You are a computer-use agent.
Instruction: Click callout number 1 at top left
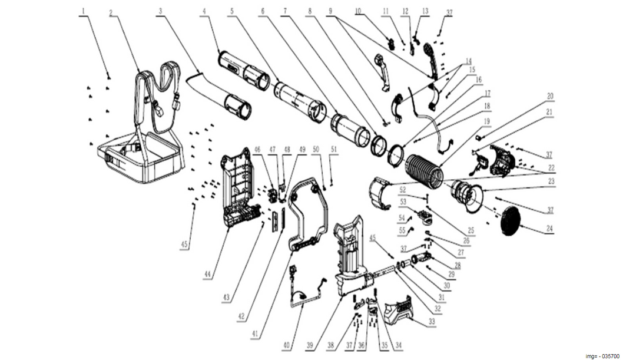click(x=84, y=11)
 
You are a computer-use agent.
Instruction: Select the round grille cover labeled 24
click(x=510, y=220)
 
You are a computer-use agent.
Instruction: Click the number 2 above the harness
click(x=111, y=11)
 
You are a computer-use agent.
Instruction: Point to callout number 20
click(x=550, y=96)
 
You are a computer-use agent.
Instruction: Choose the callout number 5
click(x=232, y=11)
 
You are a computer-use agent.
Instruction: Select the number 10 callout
click(x=357, y=11)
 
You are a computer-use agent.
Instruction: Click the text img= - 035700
click(x=602, y=356)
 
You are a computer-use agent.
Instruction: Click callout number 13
click(x=426, y=11)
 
